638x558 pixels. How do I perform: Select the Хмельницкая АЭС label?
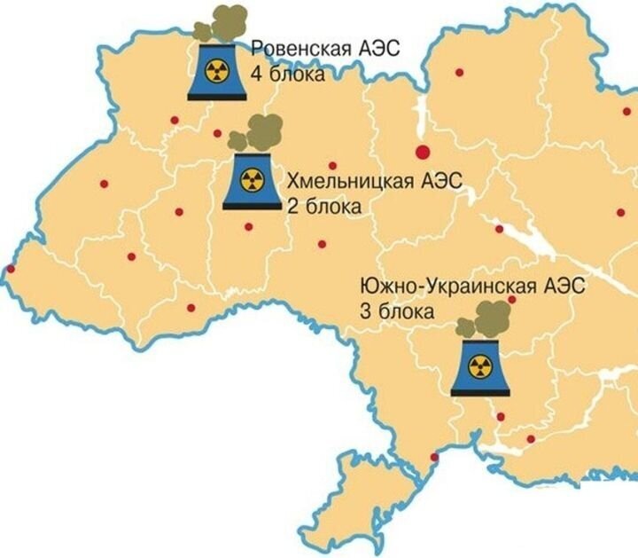(x=375, y=182)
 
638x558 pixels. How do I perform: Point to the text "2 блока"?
(x=323, y=208)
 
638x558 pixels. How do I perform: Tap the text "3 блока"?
(x=396, y=312)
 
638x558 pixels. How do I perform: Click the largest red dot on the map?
(x=424, y=151)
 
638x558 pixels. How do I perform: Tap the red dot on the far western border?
(x=11, y=269)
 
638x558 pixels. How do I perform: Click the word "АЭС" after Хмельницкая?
(x=440, y=182)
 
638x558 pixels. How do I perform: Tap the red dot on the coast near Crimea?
(x=434, y=457)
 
